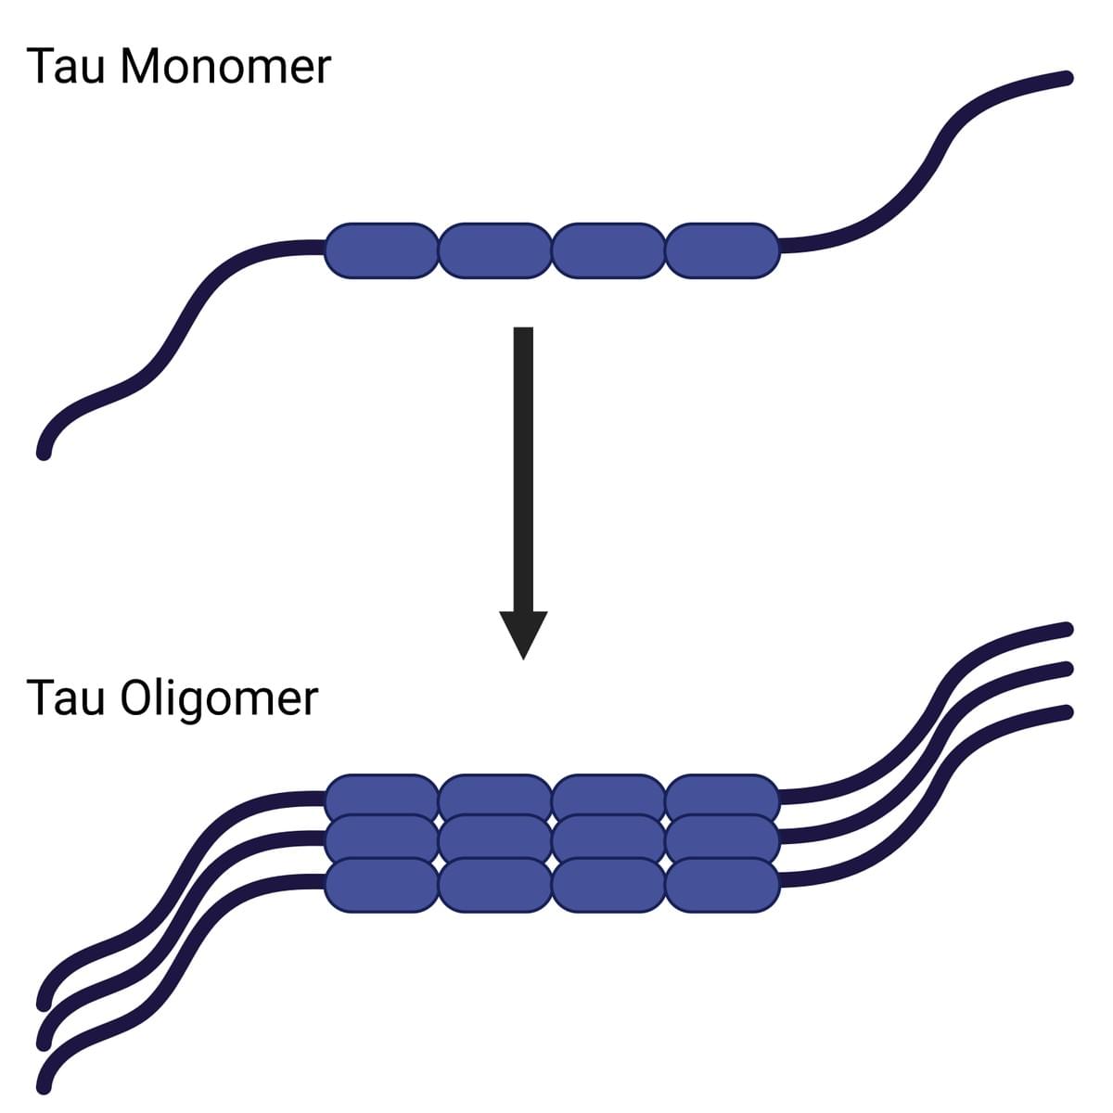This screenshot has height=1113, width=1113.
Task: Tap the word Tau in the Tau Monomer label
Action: tap(65, 67)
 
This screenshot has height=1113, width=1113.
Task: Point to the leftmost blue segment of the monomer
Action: tap(380, 250)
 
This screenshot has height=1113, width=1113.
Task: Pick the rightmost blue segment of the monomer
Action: tap(723, 250)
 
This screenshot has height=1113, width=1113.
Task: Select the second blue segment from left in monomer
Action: tap(494, 250)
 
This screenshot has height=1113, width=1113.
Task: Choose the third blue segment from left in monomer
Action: tap(608, 250)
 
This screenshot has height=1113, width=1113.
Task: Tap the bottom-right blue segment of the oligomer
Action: tap(723, 885)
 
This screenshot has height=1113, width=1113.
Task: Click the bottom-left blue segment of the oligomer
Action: tap(380, 885)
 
